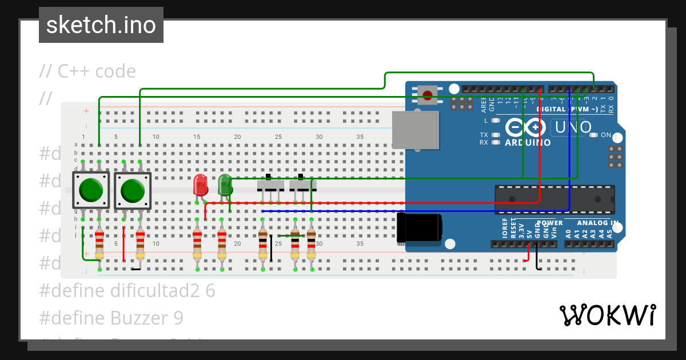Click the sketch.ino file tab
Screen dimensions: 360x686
click(101, 25)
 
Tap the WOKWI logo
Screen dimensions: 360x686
click(607, 315)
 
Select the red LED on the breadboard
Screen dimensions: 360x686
click(200, 185)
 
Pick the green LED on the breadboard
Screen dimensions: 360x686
click(225, 185)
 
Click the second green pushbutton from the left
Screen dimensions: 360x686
click(133, 190)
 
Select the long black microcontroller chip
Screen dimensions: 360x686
click(554, 199)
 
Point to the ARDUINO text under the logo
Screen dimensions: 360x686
click(528, 142)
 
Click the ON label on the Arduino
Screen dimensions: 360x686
click(606, 135)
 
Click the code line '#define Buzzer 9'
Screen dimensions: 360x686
click(111, 318)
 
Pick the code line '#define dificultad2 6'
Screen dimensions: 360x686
click(127, 291)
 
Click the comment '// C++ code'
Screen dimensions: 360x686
click(87, 71)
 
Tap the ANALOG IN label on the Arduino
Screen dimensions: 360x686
click(597, 223)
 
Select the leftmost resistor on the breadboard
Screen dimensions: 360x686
click(99, 244)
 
